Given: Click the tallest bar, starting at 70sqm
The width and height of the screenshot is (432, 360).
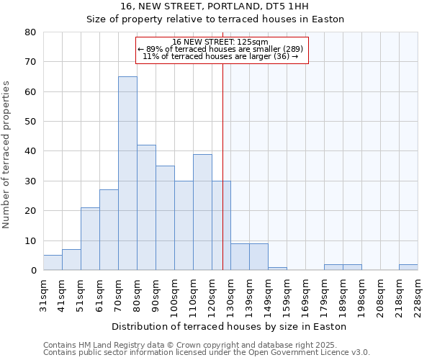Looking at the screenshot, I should [127, 173].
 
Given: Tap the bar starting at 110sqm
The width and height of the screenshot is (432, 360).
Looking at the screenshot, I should [202, 212].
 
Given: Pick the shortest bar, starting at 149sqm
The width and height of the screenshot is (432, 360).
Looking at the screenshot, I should [277, 269].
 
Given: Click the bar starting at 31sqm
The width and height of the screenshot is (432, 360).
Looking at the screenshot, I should [53, 263].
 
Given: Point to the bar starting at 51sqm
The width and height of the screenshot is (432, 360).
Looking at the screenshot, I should [90, 239].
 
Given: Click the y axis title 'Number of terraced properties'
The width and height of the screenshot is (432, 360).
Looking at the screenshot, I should [6, 154].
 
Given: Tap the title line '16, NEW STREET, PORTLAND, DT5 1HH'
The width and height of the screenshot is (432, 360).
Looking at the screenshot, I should [215, 6].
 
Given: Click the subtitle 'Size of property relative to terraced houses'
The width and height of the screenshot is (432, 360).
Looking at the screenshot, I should [215, 19].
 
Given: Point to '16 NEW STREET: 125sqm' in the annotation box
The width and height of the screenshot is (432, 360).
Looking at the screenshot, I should [220, 42].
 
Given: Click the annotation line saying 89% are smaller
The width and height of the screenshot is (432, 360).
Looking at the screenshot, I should [220, 49].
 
